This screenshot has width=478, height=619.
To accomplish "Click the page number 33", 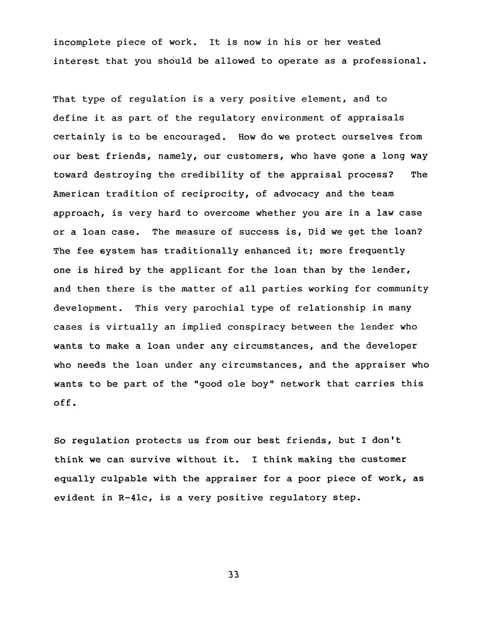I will tap(233, 575).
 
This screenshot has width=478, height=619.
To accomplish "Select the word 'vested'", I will tap(364, 42).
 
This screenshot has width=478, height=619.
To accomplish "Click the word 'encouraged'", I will tap(192, 137).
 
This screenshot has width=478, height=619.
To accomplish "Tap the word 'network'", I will tap(300, 384).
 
